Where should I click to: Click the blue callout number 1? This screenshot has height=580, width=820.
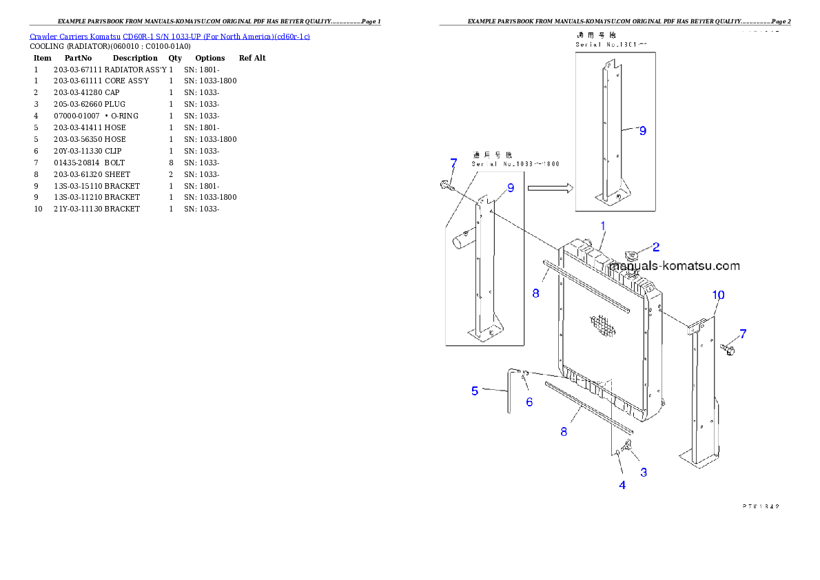(x=603, y=225)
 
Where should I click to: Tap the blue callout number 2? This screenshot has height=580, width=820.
(x=656, y=247)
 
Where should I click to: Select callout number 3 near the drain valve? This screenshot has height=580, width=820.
(x=644, y=473)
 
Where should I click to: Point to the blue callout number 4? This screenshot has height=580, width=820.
(x=622, y=485)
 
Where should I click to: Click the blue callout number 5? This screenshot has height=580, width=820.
(x=475, y=391)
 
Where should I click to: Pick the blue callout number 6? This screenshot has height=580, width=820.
(x=529, y=402)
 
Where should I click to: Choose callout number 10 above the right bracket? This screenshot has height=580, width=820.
(x=718, y=295)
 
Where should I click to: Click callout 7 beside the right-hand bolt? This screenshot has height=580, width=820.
(x=743, y=334)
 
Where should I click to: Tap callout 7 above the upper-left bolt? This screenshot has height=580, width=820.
(x=453, y=163)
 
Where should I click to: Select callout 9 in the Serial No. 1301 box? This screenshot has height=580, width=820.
(x=642, y=130)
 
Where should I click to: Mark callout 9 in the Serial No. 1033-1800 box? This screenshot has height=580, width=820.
(x=511, y=187)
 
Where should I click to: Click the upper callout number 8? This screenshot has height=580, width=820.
(x=535, y=293)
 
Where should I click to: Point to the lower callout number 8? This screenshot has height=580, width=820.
(x=563, y=432)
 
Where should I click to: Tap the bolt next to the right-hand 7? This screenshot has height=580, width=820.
(x=728, y=349)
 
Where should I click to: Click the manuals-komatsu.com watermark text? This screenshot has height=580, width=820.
(x=674, y=266)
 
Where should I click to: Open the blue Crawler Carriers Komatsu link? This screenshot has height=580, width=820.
(x=170, y=36)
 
